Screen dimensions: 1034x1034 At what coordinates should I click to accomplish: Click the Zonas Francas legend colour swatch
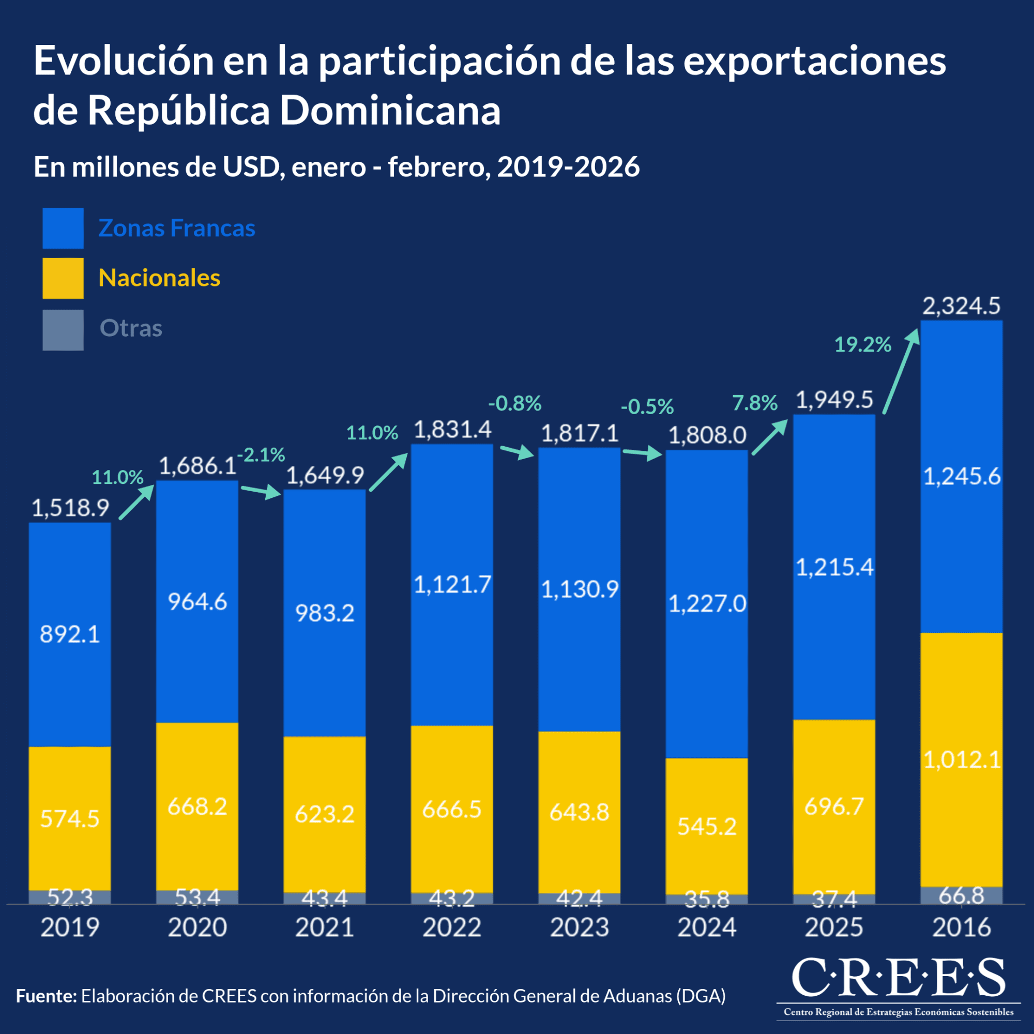(63, 228)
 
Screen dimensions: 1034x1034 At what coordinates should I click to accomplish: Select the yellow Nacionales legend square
(63, 278)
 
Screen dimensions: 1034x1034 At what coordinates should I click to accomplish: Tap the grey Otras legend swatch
(63, 330)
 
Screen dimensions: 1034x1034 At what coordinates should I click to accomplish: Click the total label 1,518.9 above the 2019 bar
(70, 507)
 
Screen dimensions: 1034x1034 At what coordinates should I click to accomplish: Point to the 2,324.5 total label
(961, 306)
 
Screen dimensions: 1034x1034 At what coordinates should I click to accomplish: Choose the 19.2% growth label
(863, 345)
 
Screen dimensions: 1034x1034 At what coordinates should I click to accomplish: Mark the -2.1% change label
(261, 455)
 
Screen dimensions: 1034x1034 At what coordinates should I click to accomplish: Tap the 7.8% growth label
(755, 403)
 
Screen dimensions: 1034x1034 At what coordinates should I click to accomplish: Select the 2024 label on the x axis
(706, 927)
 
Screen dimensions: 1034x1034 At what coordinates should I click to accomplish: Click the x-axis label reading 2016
(961, 927)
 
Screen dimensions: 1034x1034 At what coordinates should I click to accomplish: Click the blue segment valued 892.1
(70, 634)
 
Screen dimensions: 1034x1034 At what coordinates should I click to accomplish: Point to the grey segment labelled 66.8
(961, 895)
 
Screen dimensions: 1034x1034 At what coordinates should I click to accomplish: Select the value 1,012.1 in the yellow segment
(962, 760)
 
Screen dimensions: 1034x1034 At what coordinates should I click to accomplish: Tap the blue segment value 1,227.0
(707, 604)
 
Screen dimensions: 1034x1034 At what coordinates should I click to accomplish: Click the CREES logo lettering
(898, 977)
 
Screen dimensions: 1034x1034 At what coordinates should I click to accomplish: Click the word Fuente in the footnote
(47, 996)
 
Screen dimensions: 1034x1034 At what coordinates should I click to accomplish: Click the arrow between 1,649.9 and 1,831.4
(389, 472)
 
